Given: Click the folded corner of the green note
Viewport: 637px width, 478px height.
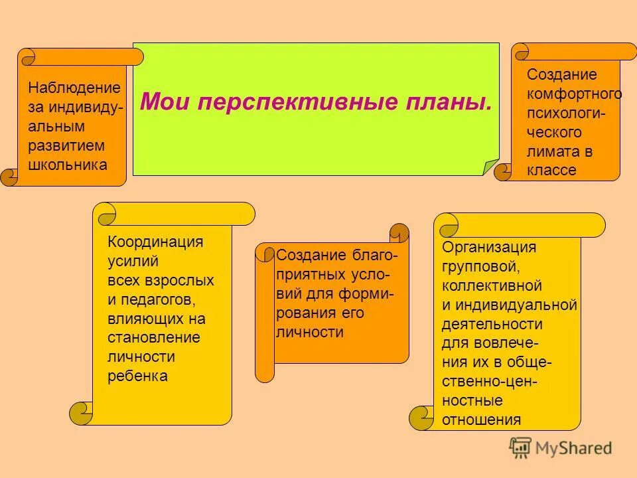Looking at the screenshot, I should tap(490, 167).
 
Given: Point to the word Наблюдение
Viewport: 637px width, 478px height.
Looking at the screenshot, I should tap(74, 88).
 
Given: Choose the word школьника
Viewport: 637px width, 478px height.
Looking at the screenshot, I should tap(68, 165).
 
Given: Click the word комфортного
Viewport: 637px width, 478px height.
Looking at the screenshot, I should tap(575, 94).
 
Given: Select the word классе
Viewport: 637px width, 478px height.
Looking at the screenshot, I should tap(551, 171).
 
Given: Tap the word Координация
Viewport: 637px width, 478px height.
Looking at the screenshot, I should tap(155, 242).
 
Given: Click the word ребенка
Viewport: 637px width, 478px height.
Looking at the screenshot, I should tap(137, 376).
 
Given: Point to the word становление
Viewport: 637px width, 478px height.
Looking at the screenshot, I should tap(153, 338).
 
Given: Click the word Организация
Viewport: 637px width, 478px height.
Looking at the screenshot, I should tap(489, 248).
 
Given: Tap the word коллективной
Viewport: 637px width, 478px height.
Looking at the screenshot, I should tap(492, 286).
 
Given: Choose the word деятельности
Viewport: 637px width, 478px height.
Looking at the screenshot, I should tap(492, 325).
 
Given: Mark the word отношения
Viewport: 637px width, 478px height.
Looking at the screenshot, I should tap(481, 420).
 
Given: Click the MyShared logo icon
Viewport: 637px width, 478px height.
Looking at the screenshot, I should tap(520, 447).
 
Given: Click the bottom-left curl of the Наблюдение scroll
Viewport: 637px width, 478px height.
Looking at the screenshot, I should tap(9, 177).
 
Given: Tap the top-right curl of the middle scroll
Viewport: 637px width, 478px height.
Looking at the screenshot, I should tap(399, 232).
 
